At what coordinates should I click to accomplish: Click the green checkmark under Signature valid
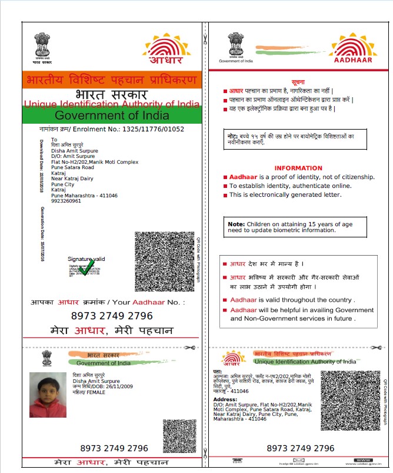88,268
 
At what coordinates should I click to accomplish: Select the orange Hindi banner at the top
112,80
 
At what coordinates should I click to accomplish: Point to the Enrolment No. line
112,129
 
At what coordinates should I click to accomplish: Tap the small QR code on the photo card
179,436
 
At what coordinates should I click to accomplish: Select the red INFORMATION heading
298,168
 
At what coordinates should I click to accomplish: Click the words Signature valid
86,259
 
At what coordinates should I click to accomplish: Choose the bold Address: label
224,399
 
